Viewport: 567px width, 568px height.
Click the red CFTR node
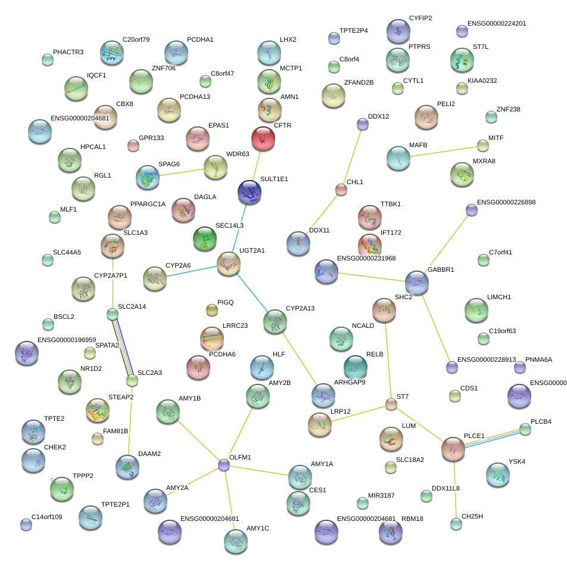[x=263, y=138]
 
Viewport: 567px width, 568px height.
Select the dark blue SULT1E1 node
[x=250, y=192]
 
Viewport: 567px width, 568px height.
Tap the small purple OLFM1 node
[x=224, y=465]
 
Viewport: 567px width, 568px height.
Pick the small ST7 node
[x=391, y=404]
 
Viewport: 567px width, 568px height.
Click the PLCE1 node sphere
[x=453, y=449]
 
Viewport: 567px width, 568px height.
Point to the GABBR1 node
[x=417, y=283]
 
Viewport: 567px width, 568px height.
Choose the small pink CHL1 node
[x=341, y=190]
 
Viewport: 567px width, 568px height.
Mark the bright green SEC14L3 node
[x=205, y=239]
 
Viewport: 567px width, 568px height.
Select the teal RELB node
[x=355, y=367]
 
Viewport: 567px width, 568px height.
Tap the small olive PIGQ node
[x=212, y=310]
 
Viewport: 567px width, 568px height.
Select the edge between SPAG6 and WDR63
[x=182, y=172]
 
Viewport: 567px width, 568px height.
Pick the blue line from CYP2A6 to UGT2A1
[x=192, y=272]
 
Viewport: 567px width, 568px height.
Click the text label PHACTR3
[x=68, y=52]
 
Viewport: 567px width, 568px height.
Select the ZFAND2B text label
[x=359, y=83]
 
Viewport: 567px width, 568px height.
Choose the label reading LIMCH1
[x=499, y=297]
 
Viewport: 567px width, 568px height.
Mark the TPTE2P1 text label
[x=115, y=505]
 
